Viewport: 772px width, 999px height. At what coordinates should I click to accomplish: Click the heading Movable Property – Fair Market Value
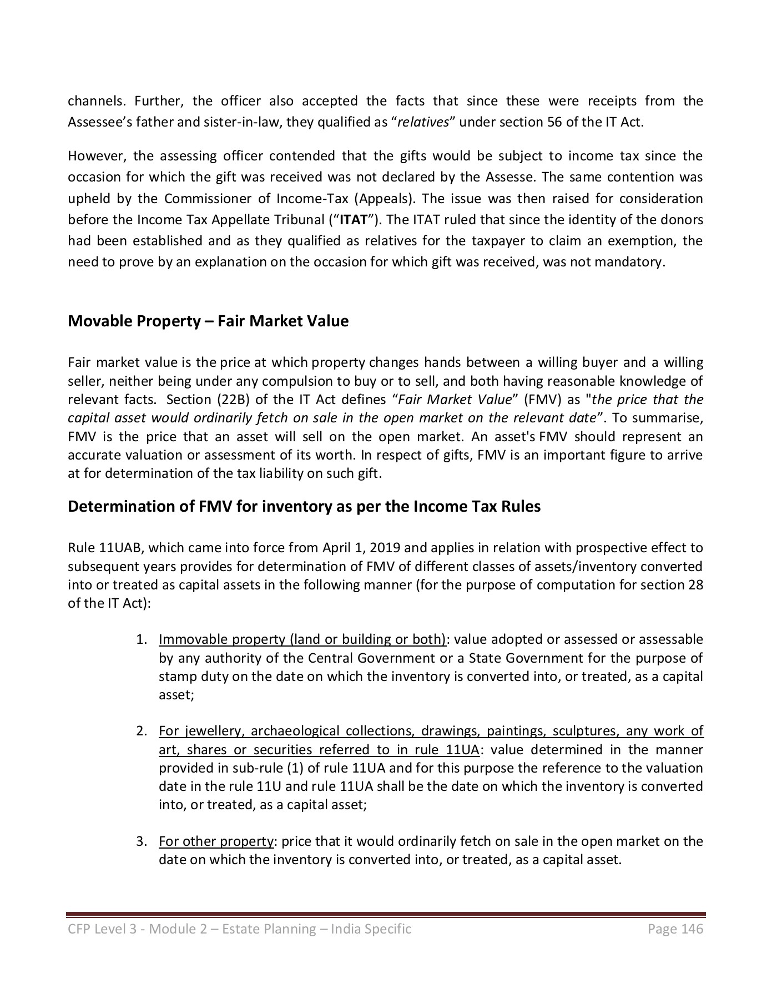[x=208, y=321]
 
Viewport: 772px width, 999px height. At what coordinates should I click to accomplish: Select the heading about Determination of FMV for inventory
[x=304, y=507]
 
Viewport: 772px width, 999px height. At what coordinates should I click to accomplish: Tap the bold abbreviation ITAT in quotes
[x=353, y=220]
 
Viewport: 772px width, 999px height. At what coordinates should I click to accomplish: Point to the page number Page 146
[x=675, y=929]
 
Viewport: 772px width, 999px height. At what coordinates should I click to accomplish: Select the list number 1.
[x=141, y=639]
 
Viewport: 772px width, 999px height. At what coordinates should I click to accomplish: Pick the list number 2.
[x=141, y=731]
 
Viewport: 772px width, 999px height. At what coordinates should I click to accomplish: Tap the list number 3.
[x=141, y=841]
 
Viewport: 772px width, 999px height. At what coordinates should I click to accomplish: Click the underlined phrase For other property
[x=216, y=841]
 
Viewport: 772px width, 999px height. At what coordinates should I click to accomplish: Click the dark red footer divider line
[x=386, y=914]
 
